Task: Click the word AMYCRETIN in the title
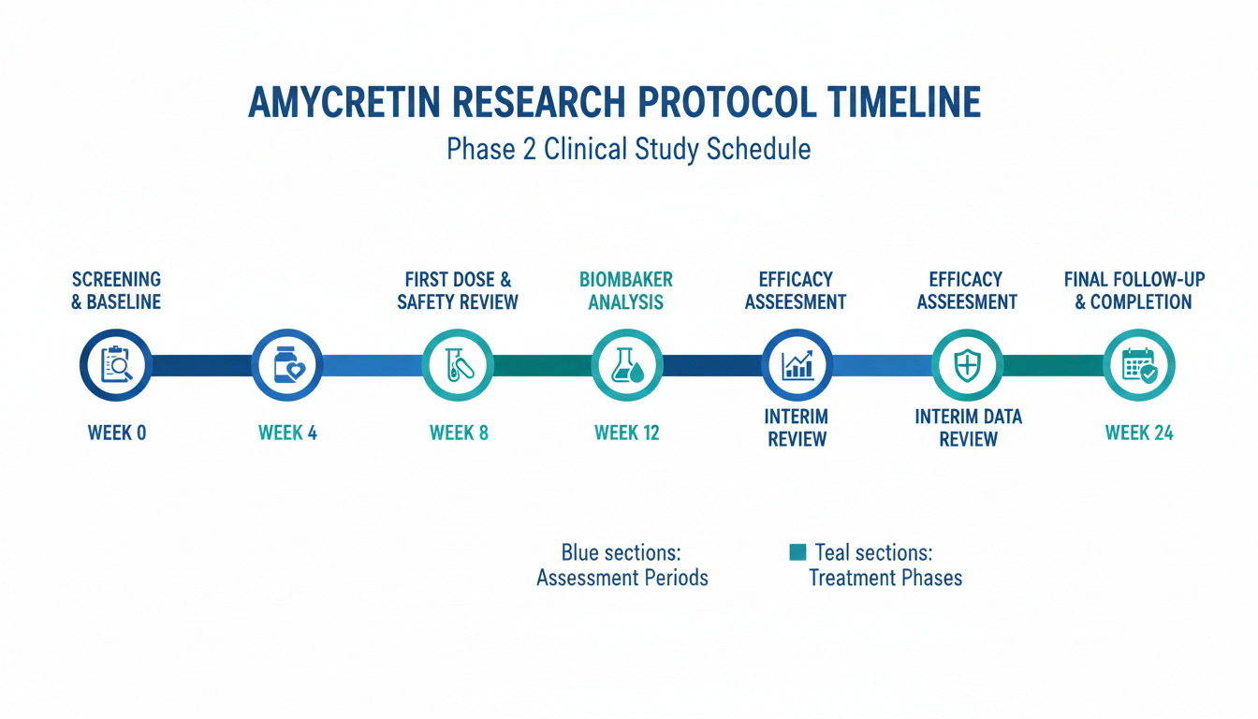[344, 102]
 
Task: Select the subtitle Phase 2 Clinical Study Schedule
[628, 150]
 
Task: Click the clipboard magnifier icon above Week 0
[116, 365]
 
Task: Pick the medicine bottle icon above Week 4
[288, 365]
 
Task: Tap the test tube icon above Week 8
[459, 365]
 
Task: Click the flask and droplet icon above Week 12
[627, 365]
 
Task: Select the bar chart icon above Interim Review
[797, 365]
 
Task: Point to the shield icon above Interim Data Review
[968, 365]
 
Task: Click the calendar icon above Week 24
[1139, 366]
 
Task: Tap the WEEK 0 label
[117, 433]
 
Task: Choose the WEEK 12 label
[627, 433]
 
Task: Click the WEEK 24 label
[1139, 433]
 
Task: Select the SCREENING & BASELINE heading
[116, 290]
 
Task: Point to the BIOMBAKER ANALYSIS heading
[626, 290]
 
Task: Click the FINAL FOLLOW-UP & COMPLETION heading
[1134, 290]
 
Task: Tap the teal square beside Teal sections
[797, 552]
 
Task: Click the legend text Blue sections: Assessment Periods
[622, 565]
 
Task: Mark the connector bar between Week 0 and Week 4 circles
[201, 365]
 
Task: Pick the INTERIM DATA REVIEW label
[969, 428]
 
